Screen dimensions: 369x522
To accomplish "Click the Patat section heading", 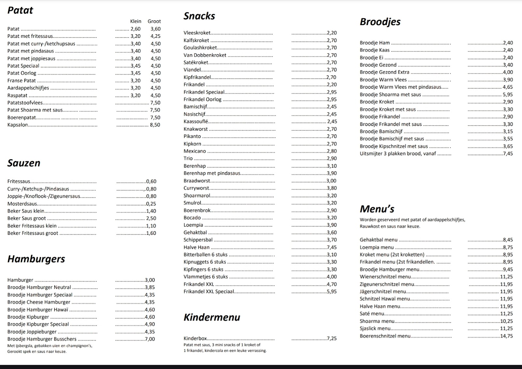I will click(20, 10).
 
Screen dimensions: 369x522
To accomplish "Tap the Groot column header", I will click(154, 21).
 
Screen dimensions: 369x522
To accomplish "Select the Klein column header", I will click(136, 21).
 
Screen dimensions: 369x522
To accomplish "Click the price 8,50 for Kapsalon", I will click(155, 125).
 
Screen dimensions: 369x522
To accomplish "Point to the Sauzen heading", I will click(24, 163).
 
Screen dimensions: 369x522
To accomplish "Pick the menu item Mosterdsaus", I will click(22, 204).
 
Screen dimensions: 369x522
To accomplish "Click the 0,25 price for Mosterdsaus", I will click(151, 204).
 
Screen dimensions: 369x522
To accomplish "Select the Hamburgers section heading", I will click(36, 259).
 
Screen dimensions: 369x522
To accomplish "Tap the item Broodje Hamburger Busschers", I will click(42, 339).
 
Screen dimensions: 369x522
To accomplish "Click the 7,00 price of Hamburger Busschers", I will click(150, 339).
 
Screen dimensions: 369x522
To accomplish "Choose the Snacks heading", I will click(199, 16).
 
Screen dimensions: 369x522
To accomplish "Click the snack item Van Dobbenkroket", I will click(205, 55).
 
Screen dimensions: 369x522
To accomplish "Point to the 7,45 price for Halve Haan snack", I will click(332, 247).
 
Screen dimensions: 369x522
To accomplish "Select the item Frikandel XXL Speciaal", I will click(209, 291).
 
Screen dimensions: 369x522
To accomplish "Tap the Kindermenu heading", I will click(212, 317).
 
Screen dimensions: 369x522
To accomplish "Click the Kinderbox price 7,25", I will click(332, 338).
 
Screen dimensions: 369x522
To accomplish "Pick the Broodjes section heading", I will click(380, 22).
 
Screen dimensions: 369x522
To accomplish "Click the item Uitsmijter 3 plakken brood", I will click(398, 154).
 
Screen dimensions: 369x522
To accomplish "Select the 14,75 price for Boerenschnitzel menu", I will click(506, 336).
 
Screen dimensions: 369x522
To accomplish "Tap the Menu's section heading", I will click(377, 209).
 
